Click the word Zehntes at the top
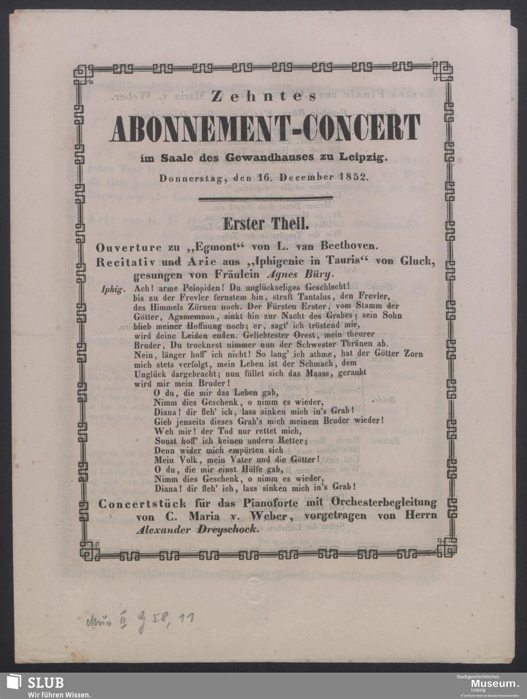point(263,96)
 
